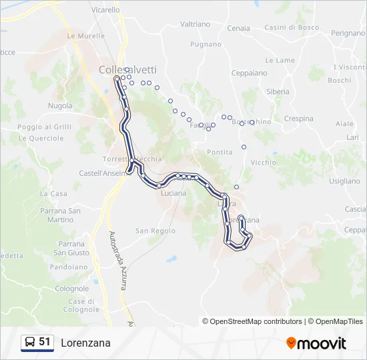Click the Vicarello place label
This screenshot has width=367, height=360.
pos(106,10)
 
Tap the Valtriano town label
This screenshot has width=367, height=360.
pos(195,24)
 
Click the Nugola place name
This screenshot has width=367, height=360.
pos(60,106)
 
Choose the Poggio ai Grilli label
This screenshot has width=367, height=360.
pos(44,127)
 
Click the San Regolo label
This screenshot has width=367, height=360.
pos(155,231)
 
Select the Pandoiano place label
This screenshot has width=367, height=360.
pos(69,267)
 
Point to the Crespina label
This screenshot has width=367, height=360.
pos(298,119)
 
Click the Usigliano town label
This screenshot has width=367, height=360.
pos(344,181)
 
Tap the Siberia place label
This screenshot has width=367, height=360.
pos(278,91)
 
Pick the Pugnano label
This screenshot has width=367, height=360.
pos(206,45)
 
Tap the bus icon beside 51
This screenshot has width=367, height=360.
pos(29,343)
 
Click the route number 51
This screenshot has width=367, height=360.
pos(45,342)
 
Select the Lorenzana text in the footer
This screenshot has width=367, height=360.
pos(85,343)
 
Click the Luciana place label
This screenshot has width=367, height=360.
pos(173,193)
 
